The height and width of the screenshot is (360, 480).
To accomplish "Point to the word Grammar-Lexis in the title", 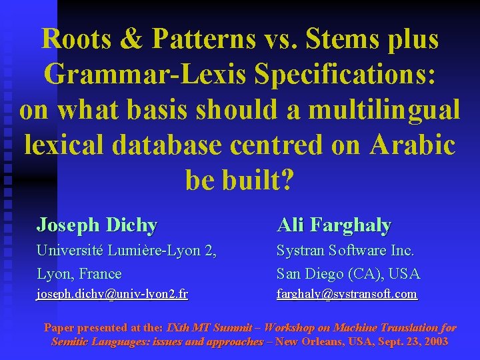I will click(136, 74).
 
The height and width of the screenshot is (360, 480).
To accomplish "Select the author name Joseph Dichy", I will click(97, 225).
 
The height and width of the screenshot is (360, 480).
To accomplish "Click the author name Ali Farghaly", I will click(334, 225).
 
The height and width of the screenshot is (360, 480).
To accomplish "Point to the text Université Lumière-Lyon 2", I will click(127, 251).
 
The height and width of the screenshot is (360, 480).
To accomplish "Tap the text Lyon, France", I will click(79, 273).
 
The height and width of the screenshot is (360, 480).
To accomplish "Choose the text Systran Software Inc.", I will click(345, 251).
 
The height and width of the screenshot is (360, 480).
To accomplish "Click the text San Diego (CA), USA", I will click(348, 273).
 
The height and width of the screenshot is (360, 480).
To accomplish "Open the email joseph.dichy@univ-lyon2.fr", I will click(112, 294).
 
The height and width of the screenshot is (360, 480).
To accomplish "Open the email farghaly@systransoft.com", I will click(347, 294).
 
